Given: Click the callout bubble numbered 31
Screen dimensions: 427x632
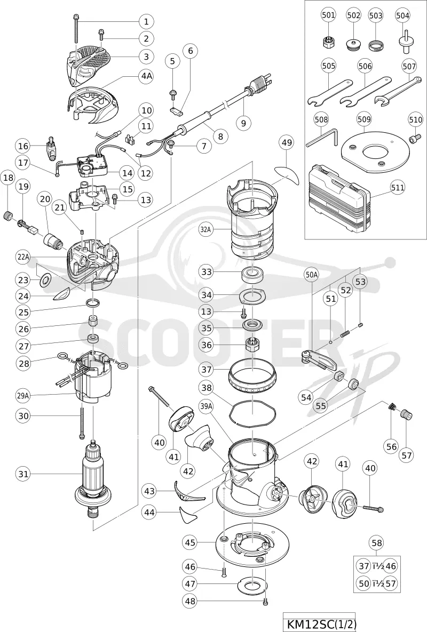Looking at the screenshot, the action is point(24,474).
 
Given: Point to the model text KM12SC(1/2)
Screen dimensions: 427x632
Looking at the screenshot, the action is point(316,625).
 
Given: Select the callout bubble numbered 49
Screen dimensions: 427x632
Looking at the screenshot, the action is point(288,143).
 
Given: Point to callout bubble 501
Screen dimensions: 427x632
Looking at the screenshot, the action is point(328,15).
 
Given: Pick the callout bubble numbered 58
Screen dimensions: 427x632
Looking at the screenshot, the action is point(377,543).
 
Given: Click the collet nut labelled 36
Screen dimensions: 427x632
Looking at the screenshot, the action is point(252,346).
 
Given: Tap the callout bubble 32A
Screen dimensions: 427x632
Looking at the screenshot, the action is point(205,230).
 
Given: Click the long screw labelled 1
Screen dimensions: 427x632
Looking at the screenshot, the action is point(76,28).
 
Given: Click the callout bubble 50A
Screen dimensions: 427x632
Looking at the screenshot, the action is point(312,275).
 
